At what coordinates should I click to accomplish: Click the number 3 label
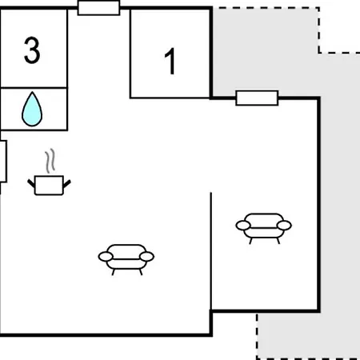(x=32, y=50)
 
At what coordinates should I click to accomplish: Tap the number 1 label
(x=170, y=61)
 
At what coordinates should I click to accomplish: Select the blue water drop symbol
(x=32, y=109)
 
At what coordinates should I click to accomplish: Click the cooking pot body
(x=49, y=185)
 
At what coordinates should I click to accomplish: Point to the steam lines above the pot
(x=50, y=161)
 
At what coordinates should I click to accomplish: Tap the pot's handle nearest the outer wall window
(x=31, y=183)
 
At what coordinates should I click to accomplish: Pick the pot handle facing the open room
(x=67, y=184)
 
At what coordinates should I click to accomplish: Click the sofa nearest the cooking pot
(x=126, y=259)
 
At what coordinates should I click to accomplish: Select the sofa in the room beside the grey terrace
(x=264, y=228)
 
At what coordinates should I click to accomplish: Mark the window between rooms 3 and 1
(x=98, y=8)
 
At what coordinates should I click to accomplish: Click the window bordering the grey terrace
(x=257, y=98)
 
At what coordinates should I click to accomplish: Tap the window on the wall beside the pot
(x=3, y=162)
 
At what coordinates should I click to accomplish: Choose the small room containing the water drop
(x=34, y=109)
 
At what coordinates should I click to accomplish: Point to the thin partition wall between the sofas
(x=211, y=251)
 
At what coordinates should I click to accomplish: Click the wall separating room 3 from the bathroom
(x=34, y=87)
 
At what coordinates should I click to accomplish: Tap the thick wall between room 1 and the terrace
(x=211, y=54)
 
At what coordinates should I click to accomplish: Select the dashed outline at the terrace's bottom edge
(x=308, y=358)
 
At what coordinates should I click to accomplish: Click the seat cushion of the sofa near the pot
(x=126, y=264)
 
